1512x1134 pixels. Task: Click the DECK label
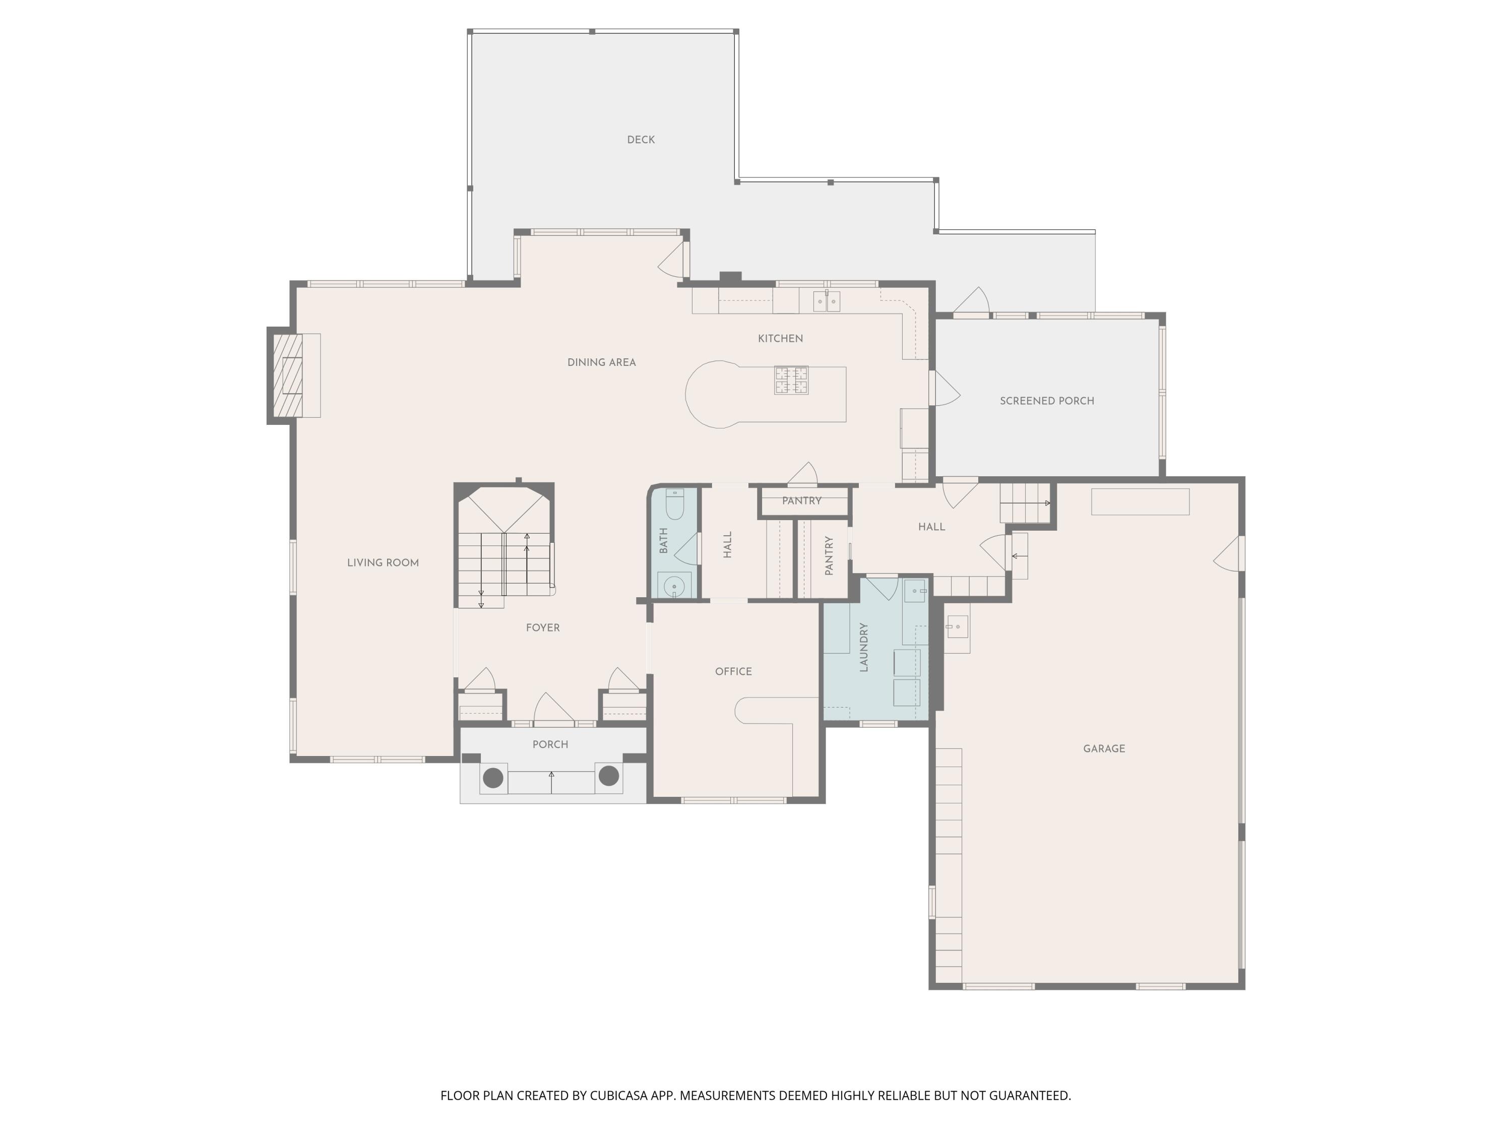pos(641,140)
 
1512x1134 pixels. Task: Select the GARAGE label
pos(1103,748)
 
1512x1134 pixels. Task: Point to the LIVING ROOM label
pos(383,562)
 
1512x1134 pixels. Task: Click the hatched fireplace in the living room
pos(288,375)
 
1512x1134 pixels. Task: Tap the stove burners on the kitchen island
pos(791,380)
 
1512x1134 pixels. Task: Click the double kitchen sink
pos(827,301)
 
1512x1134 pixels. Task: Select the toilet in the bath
pos(675,504)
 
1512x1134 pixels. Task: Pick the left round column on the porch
pos(493,777)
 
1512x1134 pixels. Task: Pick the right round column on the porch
pos(608,776)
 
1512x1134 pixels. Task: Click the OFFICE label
pos(733,671)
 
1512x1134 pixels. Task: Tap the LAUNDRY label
pos(863,647)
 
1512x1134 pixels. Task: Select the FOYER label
pos(543,627)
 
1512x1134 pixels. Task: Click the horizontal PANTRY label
pos(801,500)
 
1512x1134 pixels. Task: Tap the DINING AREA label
pos(601,362)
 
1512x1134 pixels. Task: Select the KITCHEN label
pos(780,338)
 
